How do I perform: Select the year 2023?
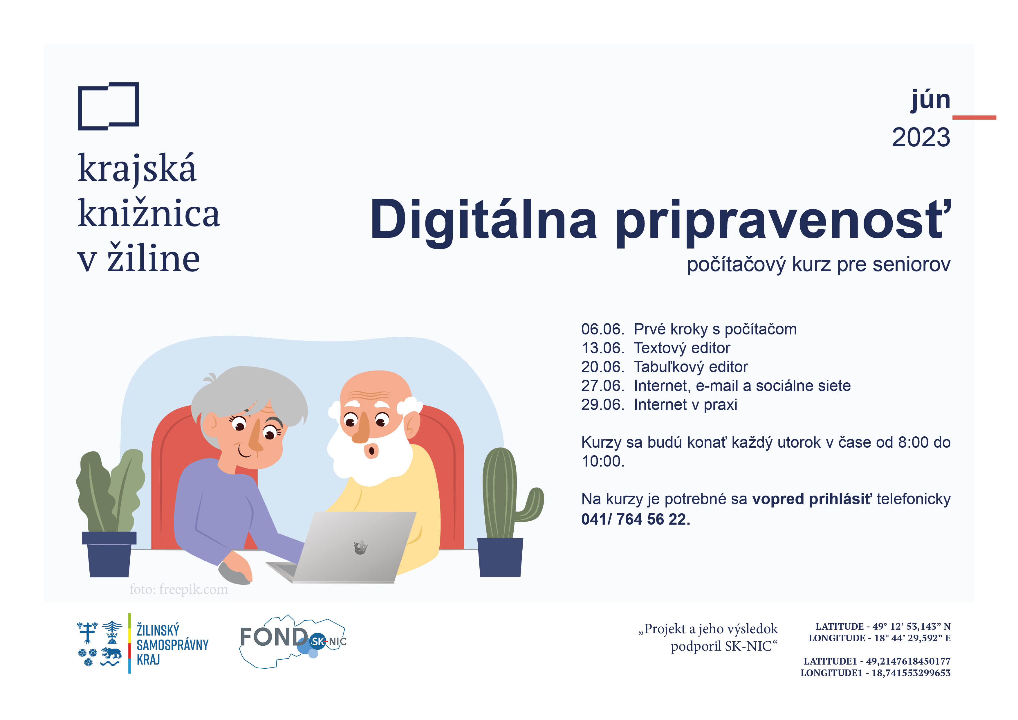coord(921,138)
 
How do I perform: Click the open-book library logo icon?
coord(108,106)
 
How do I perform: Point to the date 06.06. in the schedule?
coord(602,329)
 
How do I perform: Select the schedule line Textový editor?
coord(682,348)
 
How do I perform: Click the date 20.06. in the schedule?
coord(602,367)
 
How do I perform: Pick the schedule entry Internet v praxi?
coord(685,405)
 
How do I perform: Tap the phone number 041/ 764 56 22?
coord(636,519)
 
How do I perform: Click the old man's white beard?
coord(370,457)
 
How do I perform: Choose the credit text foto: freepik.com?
coord(179,590)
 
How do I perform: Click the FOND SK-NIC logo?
coord(293,641)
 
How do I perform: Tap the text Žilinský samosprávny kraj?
coord(172,644)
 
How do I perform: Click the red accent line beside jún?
coord(974,118)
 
